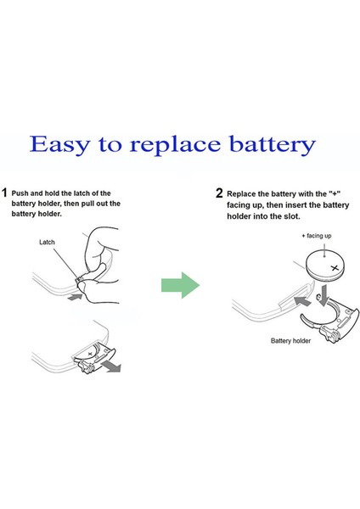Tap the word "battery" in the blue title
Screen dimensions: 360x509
point(273,145)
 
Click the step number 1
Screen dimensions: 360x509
point(4,193)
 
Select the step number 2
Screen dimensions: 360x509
point(219,193)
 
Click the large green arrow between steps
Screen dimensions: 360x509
point(180,285)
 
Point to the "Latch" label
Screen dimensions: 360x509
point(47,242)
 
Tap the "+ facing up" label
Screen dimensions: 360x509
point(316,236)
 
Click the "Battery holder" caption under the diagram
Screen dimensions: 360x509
point(290,341)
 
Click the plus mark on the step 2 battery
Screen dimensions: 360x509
point(335,268)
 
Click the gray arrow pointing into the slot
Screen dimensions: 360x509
point(302,300)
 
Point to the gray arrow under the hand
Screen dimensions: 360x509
point(75,297)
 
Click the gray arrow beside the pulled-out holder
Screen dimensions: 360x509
point(111,367)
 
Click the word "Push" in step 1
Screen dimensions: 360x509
point(20,193)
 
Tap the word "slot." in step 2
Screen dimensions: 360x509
point(291,216)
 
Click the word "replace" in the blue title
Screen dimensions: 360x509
point(175,146)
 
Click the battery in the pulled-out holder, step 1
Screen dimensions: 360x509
point(88,355)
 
